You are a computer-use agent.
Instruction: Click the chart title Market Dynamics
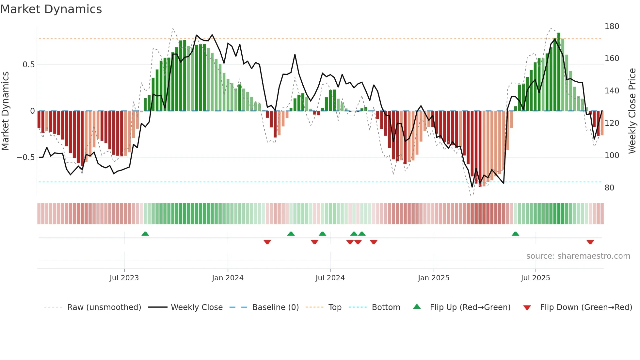click(x=51, y=9)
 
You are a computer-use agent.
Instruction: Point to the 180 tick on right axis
click(x=612, y=26)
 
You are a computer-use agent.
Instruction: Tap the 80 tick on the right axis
click(x=609, y=188)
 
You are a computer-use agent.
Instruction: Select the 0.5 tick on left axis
click(x=28, y=65)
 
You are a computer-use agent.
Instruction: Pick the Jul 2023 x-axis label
click(x=124, y=278)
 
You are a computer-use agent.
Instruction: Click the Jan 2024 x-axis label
click(x=228, y=278)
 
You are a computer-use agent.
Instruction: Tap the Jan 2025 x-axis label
click(x=433, y=278)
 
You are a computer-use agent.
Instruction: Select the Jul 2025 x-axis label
click(x=535, y=278)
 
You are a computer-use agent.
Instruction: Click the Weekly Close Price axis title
click(x=632, y=111)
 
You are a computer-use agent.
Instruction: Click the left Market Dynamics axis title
click(x=5, y=111)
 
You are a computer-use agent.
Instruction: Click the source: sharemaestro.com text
click(x=578, y=256)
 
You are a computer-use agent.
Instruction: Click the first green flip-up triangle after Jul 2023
click(x=145, y=234)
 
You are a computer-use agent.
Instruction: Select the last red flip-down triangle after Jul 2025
click(x=590, y=242)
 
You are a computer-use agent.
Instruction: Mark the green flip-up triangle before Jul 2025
click(x=515, y=234)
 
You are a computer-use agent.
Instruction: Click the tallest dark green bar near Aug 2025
click(x=559, y=72)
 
